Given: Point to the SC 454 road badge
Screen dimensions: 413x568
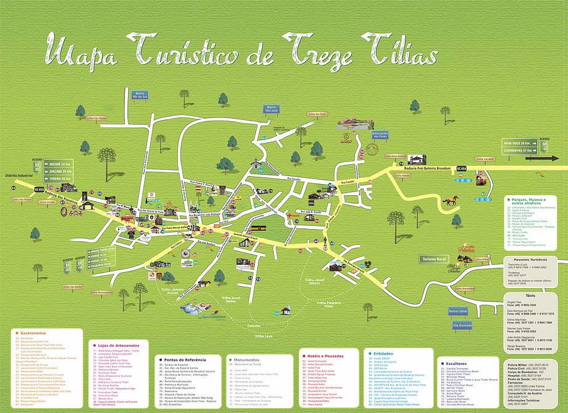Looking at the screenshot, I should (462, 168).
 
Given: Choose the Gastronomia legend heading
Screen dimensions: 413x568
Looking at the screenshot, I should (29, 332).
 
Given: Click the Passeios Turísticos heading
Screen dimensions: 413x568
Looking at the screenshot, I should (526, 260).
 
